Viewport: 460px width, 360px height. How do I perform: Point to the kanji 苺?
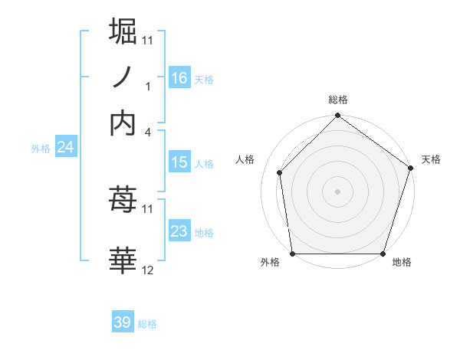point(123,201)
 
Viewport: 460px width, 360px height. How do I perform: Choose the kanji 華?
point(123,260)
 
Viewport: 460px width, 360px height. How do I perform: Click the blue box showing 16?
point(179,77)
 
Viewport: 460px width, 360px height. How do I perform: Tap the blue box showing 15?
point(179,162)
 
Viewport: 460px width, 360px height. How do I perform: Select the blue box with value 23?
point(179,231)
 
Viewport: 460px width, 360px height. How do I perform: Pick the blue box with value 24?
point(65,147)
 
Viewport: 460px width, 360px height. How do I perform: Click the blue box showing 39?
point(123,322)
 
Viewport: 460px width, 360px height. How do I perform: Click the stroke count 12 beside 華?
point(148,270)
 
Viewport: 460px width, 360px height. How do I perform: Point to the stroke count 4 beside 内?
point(148,132)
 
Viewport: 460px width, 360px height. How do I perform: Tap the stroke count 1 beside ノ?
point(148,86)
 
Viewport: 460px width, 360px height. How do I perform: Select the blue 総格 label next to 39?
point(147,324)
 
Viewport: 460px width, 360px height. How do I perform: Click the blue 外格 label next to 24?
point(40,149)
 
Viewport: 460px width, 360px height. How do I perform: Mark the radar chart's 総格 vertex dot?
point(337,116)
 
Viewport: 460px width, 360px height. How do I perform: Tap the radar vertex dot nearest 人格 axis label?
point(280,172)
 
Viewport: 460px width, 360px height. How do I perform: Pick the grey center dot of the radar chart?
point(337,191)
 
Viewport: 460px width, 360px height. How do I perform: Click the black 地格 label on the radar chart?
point(402,262)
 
